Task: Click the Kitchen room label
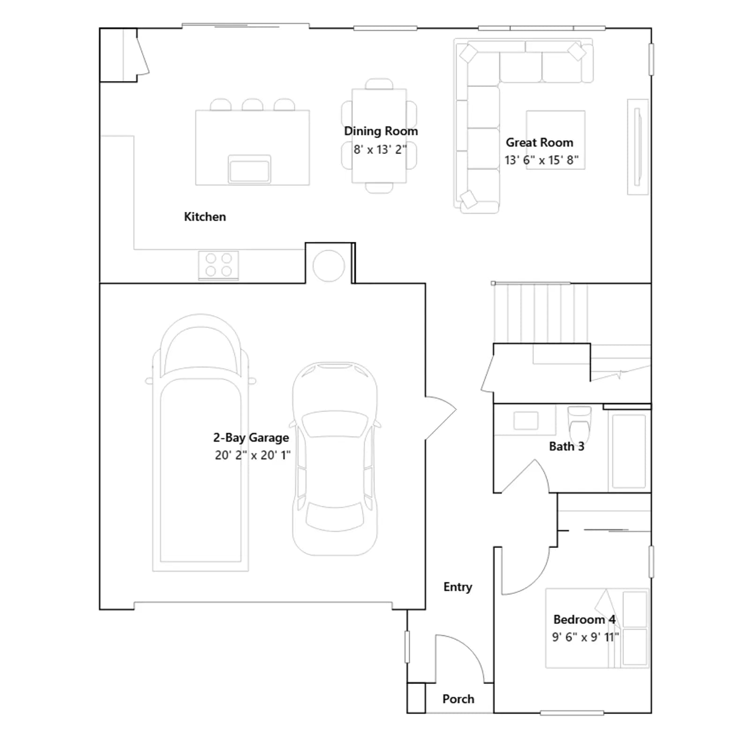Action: (205, 217)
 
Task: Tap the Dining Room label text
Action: (381, 131)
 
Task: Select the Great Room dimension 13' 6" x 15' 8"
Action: (541, 160)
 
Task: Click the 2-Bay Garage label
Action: (251, 438)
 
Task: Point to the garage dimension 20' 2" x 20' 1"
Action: (253, 455)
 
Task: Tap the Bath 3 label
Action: (567, 446)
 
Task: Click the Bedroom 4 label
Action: (584, 620)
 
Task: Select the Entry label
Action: (457, 587)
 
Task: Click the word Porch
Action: (458, 699)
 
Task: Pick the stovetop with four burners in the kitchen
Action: (218, 265)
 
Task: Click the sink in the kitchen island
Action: (249, 169)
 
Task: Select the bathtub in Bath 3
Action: (629, 451)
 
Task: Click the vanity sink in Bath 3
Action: (525, 420)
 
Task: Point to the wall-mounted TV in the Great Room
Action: (637, 147)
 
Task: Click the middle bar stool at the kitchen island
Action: (252, 105)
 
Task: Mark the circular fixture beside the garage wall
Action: (329, 266)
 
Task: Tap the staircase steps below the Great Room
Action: (540, 313)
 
